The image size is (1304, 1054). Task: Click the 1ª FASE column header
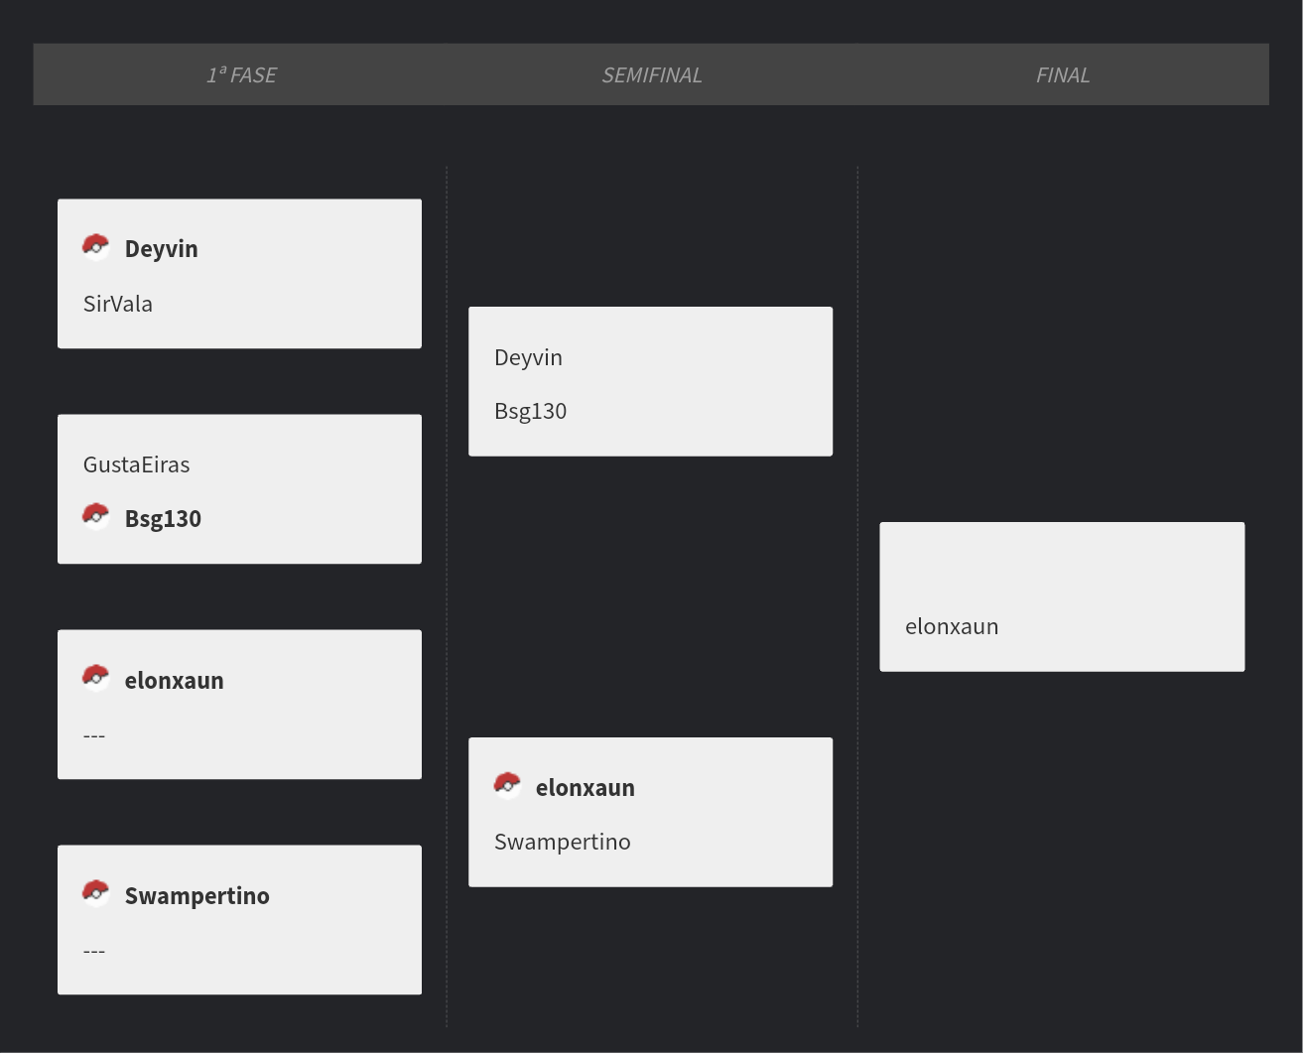(241, 74)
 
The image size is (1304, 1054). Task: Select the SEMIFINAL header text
(651, 74)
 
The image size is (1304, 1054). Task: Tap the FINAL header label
(1062, 74)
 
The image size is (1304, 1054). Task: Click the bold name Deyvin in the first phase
(161, 249)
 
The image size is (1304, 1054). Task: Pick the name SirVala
(117, 304)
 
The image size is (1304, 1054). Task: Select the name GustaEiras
(137, 464)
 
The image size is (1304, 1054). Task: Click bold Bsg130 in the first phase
(163, 518)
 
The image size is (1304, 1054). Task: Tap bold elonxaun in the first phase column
(174, 681)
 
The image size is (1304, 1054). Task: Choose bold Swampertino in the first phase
(197, 896)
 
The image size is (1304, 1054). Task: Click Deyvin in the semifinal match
(528, 357)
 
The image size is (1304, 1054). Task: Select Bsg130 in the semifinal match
(530, 411)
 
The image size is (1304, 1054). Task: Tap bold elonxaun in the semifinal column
(586, 788)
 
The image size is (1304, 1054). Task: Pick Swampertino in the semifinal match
(562, 843)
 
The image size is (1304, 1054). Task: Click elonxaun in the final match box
(952, 627)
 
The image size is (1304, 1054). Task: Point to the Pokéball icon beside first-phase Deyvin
(95, 247)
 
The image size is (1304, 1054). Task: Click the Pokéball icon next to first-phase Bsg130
(95, 517)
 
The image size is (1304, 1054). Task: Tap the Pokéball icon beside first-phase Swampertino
(95, 893)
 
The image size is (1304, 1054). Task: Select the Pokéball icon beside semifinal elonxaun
(507, 786)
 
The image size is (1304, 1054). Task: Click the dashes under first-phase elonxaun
(94, 735)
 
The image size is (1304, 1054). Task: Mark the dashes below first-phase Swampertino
(94, 951)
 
